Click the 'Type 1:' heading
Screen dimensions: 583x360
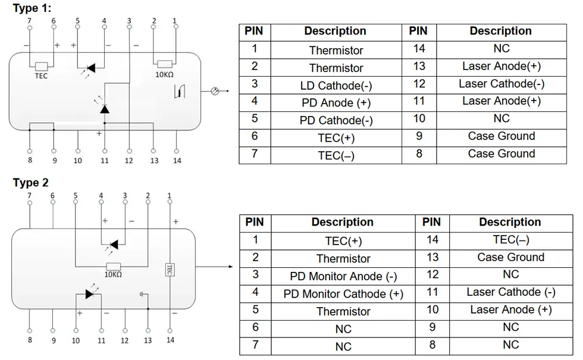point(32,8)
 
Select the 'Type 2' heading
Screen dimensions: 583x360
point(31,183)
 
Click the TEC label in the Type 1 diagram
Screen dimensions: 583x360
point(41,76)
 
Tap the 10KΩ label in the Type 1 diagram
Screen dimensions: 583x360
point(164,75)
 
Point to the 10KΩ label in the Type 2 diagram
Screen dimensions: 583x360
point(113,274)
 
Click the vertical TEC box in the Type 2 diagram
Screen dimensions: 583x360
point(170,270)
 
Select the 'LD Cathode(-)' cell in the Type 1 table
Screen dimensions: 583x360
point(336,86)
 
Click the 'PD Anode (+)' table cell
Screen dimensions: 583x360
point(336,102)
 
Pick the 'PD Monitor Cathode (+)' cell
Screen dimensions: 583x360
point(343,294)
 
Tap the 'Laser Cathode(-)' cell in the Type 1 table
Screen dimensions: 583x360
point(501,84)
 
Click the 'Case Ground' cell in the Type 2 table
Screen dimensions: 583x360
point(510,257)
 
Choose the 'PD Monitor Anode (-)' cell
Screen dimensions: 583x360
point(343,276)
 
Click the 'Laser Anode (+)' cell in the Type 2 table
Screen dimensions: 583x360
point(510,309)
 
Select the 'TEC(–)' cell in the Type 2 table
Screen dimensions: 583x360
point(510,239)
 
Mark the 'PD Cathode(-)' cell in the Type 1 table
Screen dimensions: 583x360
point(336,120)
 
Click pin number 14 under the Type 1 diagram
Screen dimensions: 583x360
point(177,161)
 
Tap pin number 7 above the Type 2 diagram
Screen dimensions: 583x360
point(30,195)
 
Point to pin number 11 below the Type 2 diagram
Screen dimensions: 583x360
point(102,340)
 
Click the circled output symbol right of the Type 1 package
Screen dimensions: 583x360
point(215,90)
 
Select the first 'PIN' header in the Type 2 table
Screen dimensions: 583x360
point(255,222)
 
